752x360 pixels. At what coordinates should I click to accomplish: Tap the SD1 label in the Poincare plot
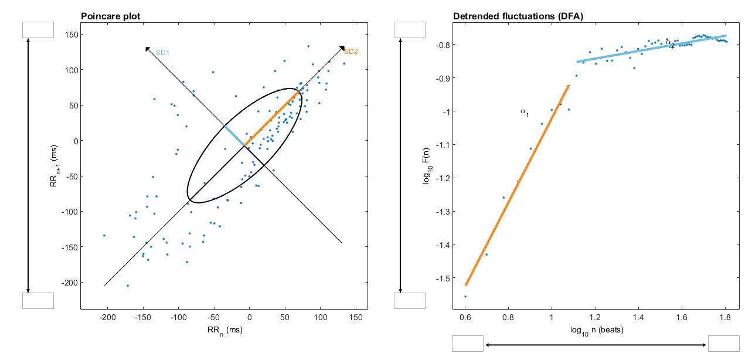click(162, 52)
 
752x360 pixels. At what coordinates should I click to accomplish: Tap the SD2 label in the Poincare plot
click(351, 52)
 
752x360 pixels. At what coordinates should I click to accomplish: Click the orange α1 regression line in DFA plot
click(516, 188)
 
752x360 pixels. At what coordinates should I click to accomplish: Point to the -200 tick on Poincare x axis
click(107, 317)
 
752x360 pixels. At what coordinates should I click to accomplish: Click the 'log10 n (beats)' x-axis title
click(596, 330)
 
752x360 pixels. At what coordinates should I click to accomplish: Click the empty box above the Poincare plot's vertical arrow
click(38, 30)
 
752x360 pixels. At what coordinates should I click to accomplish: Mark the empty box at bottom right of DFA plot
click(724, 343)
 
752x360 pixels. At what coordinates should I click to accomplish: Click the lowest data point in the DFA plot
click(465, 297)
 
